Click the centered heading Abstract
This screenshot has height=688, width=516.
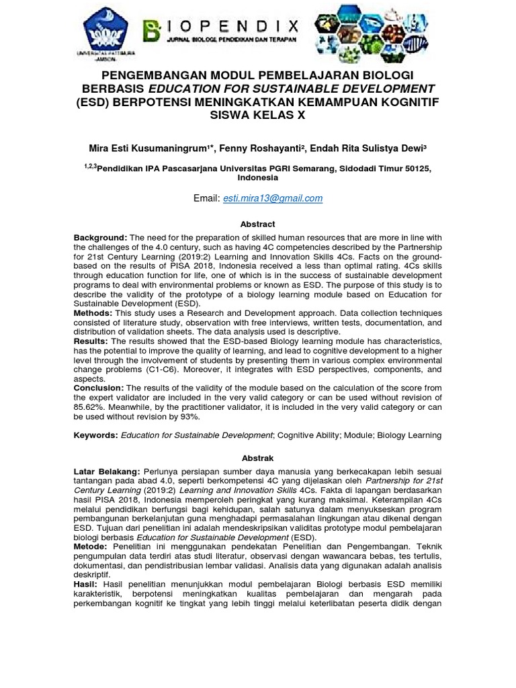tap(257, 224)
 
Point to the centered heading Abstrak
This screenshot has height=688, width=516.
tap(258, 458)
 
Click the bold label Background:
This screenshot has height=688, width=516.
tap(100, 238)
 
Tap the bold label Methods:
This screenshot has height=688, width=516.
tap(95, 313)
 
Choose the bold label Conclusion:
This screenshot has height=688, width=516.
tap(99, 388)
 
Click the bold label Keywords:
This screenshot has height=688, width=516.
tap(96, 435)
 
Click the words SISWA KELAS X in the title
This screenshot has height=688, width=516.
tap(257, 115)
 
